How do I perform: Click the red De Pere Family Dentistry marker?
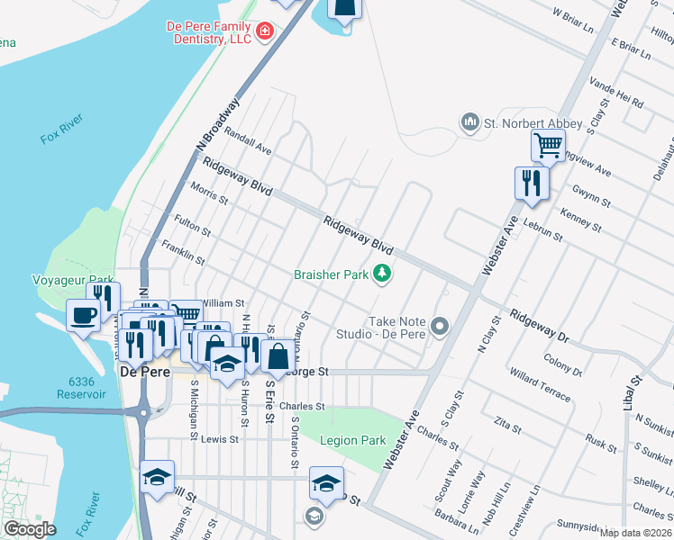point(264,32)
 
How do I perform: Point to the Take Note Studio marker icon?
point(440,326)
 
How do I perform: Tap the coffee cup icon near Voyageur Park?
point(85,316)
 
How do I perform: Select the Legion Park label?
point(354,440)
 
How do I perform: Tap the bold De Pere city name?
point(141,370)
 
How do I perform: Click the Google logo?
point(30,528)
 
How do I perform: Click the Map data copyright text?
point(636,532)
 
